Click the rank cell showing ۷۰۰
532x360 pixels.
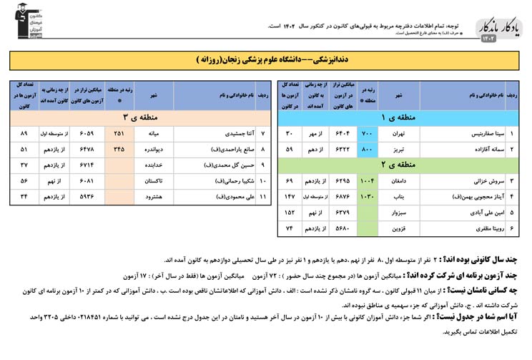368,133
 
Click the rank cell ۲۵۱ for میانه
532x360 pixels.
119,133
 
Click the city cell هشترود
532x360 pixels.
153,195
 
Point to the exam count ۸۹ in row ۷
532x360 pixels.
24,133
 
